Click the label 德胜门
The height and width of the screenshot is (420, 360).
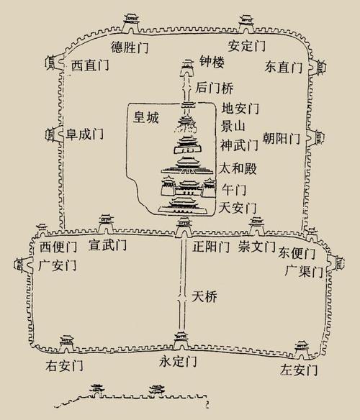(130, 47)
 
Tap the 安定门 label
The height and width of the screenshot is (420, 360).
(247, 45)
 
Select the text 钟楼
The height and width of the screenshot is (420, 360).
(212, 63)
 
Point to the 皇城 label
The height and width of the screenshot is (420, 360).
(146, 117)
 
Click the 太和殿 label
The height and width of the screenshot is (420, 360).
(238, 169)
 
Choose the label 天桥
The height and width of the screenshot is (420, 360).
(204, 296)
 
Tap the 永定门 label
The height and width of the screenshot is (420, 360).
(178, 361)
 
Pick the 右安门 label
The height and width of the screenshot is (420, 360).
(64, 366)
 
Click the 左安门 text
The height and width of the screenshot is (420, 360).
(299, 370)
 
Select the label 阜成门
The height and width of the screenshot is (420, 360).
(85, 133)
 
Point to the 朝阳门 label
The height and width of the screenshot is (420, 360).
(281, 138)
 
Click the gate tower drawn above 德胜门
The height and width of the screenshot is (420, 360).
(132, 23)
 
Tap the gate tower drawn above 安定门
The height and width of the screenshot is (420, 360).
(246, 24)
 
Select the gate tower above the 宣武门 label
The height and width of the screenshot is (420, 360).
(107, 224)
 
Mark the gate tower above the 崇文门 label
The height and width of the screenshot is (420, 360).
(257, 226)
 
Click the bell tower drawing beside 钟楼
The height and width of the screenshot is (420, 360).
(188, 68)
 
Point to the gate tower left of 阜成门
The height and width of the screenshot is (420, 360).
(54, 134)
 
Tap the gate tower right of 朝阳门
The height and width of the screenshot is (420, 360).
(317, 137)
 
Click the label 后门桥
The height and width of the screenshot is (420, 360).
(215, 88)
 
